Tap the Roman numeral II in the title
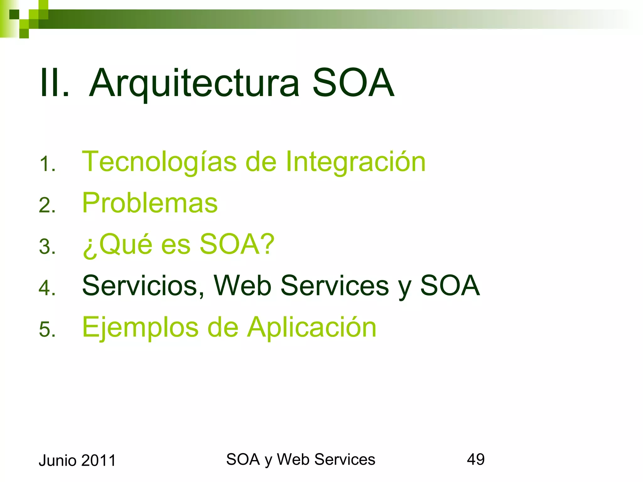pyautogui.click(x=54, y=83)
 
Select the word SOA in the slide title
pyautogui.click(x=353, y=83)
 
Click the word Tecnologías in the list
pyautogui.click(x=159, y=162)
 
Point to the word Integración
pyautogui.click(x=355, y=162)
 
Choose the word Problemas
pyautogui.click(x=150, y=203)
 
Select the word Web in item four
pyautogui.click(x=242, y=286)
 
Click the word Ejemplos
pyautogui.click(x=140, y=328)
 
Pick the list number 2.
pyautogui.click(x=47, y=206)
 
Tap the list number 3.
pyautogui.click(x=47, y=247)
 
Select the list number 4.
pyautogui.click(x=47, y=288)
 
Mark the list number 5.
pyautogui.click(x=47, y=329)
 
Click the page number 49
pyautogui.click(x=476, y=459)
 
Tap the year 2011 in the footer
pyautogui.click(x=99, y=461)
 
